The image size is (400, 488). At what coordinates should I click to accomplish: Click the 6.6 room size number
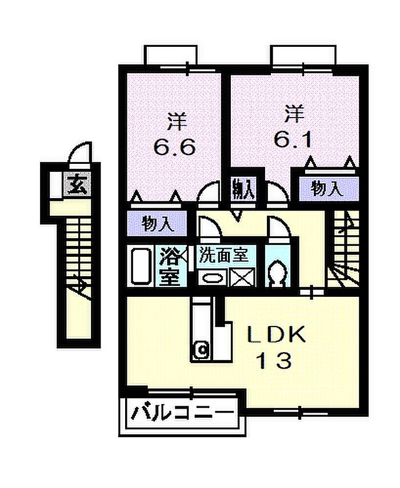point(175,147)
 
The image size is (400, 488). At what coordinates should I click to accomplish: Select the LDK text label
point(276,335)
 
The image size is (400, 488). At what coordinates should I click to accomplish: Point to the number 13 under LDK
point(274,361)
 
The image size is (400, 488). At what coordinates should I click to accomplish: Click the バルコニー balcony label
point(182,413)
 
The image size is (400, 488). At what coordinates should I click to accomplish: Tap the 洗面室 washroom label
point(224,255)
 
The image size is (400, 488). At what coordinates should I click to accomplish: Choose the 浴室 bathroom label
point(170,267)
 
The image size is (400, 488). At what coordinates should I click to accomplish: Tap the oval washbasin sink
point(213,277)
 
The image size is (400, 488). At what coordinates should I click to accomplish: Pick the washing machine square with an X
point(242,277)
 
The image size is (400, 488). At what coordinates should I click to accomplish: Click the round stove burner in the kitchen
point(202,350)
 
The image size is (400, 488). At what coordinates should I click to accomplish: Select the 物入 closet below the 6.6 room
point(157,224)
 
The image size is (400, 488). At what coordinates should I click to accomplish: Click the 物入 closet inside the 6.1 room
point(327,188)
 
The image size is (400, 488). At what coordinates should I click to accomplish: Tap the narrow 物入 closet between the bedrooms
point(244,189)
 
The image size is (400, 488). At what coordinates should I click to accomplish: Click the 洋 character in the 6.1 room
point(294,114)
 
